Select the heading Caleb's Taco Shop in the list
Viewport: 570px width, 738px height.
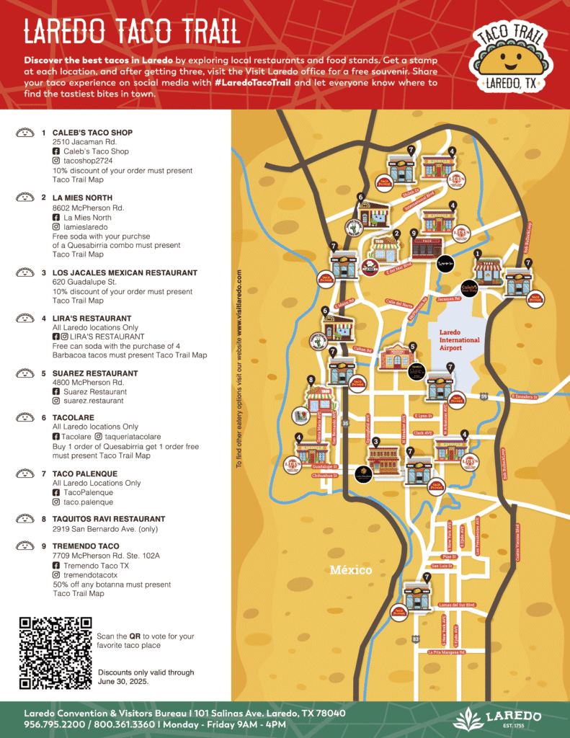click(92, 133)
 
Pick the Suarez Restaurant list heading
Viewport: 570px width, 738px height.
click(97, 373)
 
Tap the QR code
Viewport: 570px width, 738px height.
click(55, 653)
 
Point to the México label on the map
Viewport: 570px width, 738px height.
click(351, 570)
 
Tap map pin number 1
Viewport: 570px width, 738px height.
click(478, 254)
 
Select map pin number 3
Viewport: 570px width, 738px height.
click(375, 440)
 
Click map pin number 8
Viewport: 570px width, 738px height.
click(311, 380)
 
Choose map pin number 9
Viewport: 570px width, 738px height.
click(414, 234)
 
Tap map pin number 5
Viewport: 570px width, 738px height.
click(413, 347)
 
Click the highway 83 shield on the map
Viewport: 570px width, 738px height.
click(415, 639)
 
